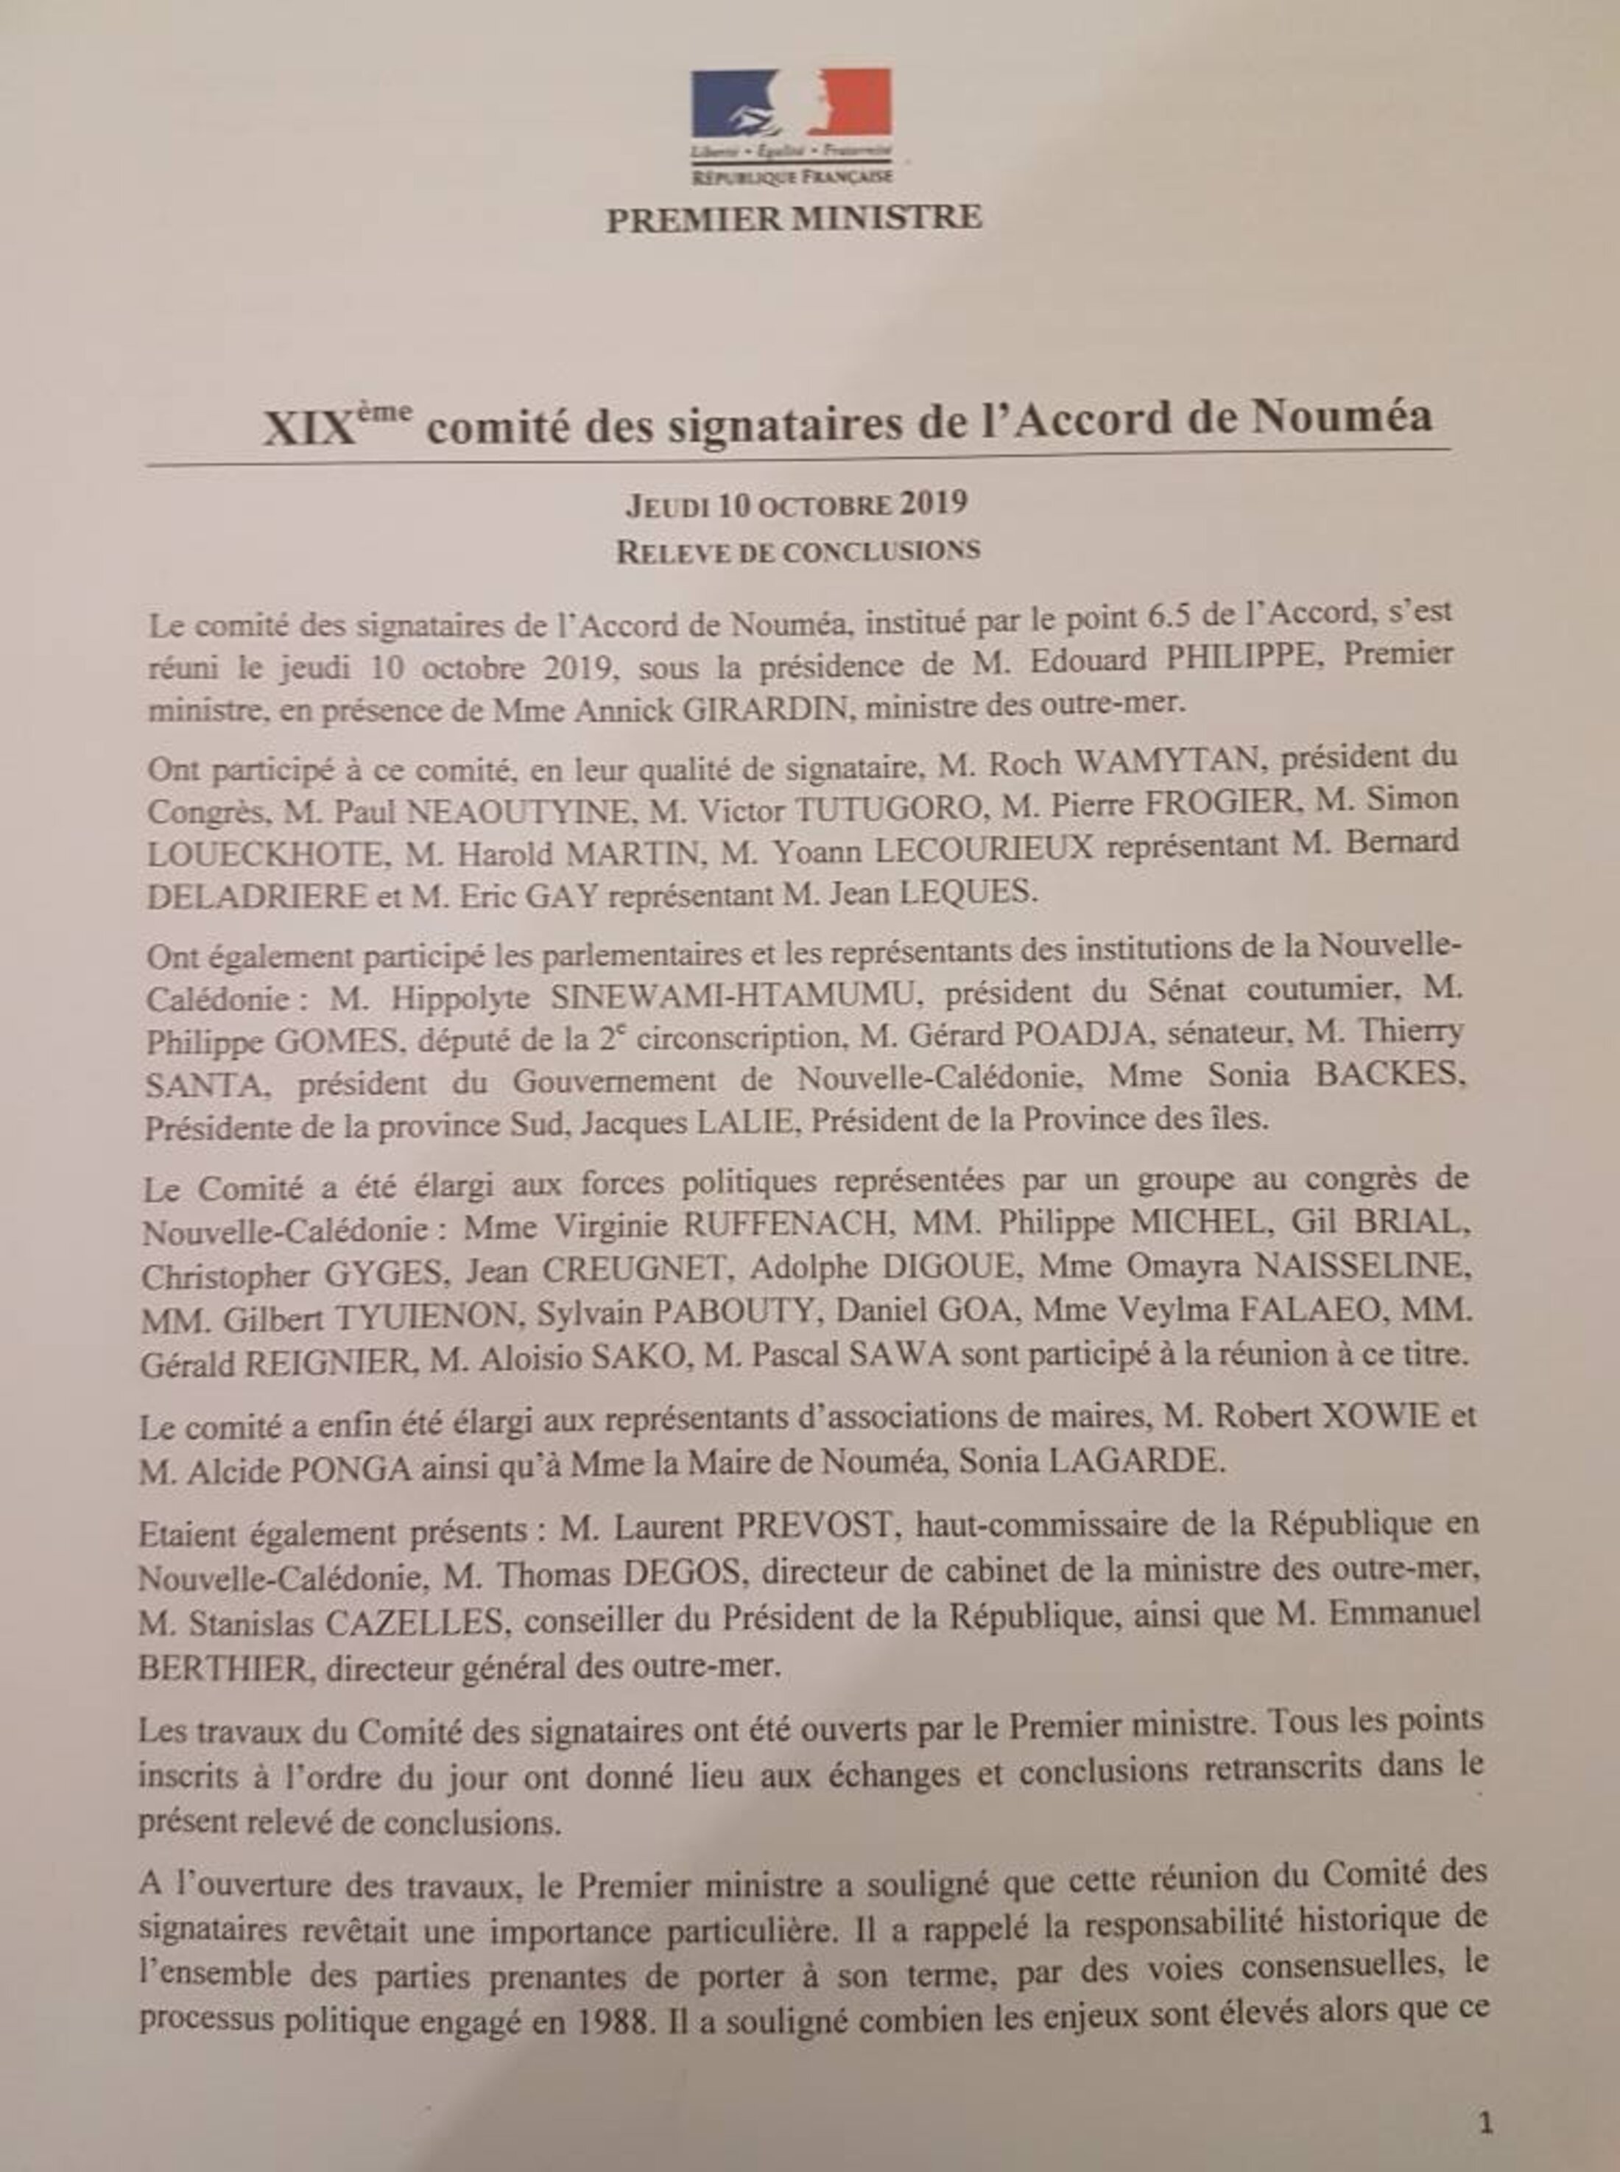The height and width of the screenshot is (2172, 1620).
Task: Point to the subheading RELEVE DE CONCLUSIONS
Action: pyautogui.click(x=797, y=551)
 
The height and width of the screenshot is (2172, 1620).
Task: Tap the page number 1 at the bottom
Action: pyautogui.click(x=1486, y=2124)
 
